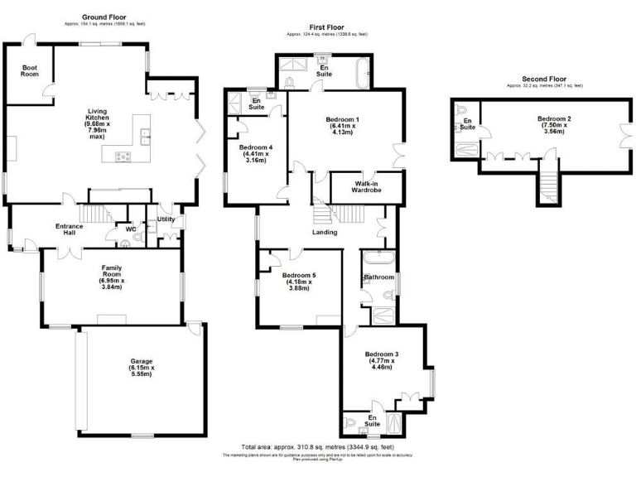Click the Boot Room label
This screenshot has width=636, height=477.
[30, 70]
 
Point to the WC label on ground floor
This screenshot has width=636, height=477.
[130, 229]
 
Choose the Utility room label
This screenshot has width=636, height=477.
[166, 219]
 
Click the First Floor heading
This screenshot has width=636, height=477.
[326, 27]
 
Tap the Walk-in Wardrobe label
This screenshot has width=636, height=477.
[367, 186]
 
